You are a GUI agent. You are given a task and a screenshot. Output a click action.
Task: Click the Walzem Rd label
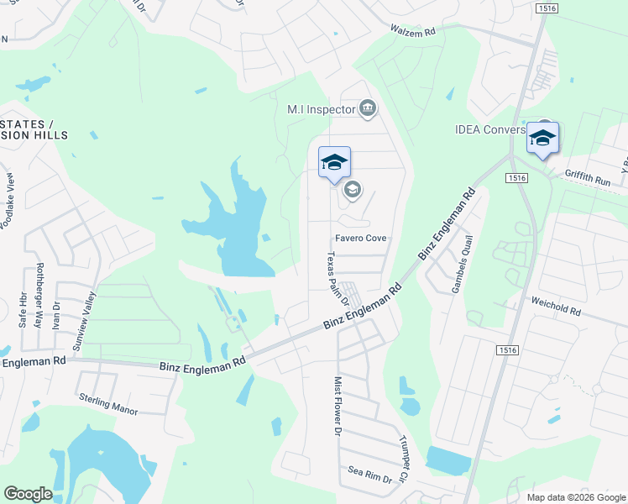click(413, 31)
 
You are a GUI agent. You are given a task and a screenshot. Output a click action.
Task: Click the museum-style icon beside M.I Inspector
click(367, 108)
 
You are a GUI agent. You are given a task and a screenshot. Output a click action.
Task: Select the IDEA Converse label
click(490, 130)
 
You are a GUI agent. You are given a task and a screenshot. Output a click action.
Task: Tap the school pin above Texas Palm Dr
click(334, 163)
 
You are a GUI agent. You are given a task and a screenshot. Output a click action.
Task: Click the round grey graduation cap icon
click(352, 190)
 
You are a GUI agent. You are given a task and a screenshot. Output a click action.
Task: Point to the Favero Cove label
click(361, 239)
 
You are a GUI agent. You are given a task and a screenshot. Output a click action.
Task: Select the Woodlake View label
click(9, 202)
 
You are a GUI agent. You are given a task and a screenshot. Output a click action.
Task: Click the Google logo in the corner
click(28, 493)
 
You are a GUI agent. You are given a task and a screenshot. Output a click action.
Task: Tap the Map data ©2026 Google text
click(576, 497)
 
